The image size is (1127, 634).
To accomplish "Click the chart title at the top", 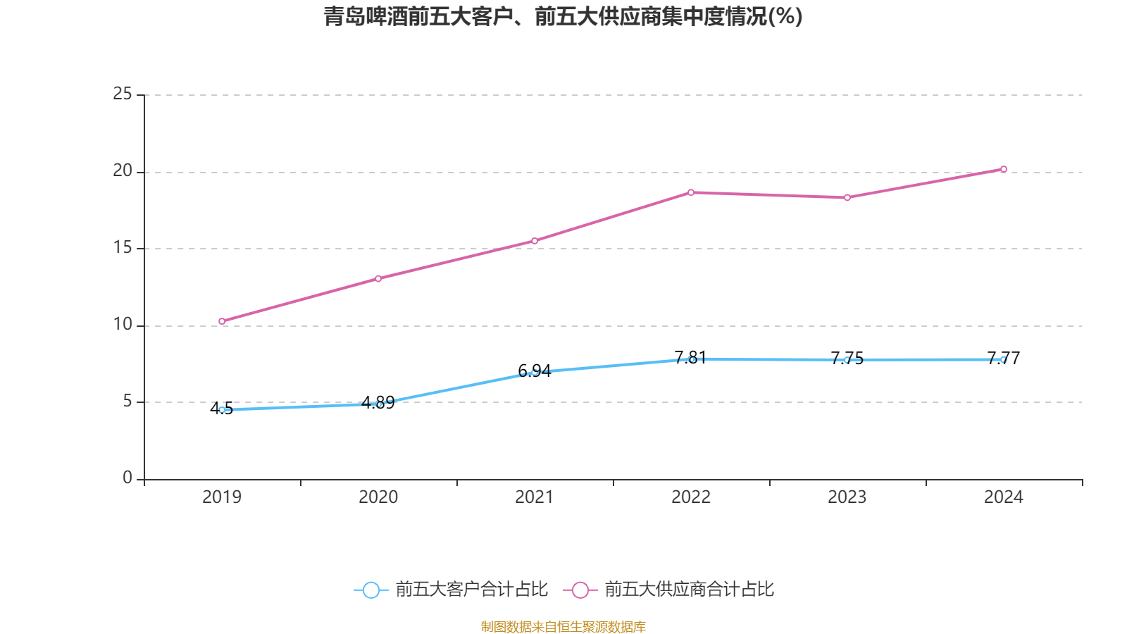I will (563, 16).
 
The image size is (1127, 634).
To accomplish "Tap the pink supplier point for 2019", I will (222, 321).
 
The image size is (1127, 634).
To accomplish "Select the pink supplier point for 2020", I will (378, 278).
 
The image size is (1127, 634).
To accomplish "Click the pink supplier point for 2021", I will (535, 241).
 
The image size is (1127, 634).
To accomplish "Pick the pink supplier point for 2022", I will (691, 192).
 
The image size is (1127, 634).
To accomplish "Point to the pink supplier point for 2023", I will (847, 198).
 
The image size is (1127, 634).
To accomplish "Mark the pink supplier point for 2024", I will (1004, 169).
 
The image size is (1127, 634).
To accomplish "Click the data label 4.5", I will (222, 409).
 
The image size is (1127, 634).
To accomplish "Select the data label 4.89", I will (378, 403).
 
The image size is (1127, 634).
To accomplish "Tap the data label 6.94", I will (535, 371).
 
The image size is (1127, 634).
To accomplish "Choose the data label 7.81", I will (690, 358).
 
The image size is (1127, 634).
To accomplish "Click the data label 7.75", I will (847, 359).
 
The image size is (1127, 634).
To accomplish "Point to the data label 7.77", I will (1004, 359).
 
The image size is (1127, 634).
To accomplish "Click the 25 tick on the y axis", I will (123, 94).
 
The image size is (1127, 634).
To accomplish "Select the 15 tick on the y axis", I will (123, 248).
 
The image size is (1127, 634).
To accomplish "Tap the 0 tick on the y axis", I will (127, 478).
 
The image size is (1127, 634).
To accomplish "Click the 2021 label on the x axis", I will (535, 497).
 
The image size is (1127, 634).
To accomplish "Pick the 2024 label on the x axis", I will (1004, 497).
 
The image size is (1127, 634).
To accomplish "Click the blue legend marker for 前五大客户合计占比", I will (371, 590).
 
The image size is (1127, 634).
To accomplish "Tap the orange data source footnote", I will (563, 626).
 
